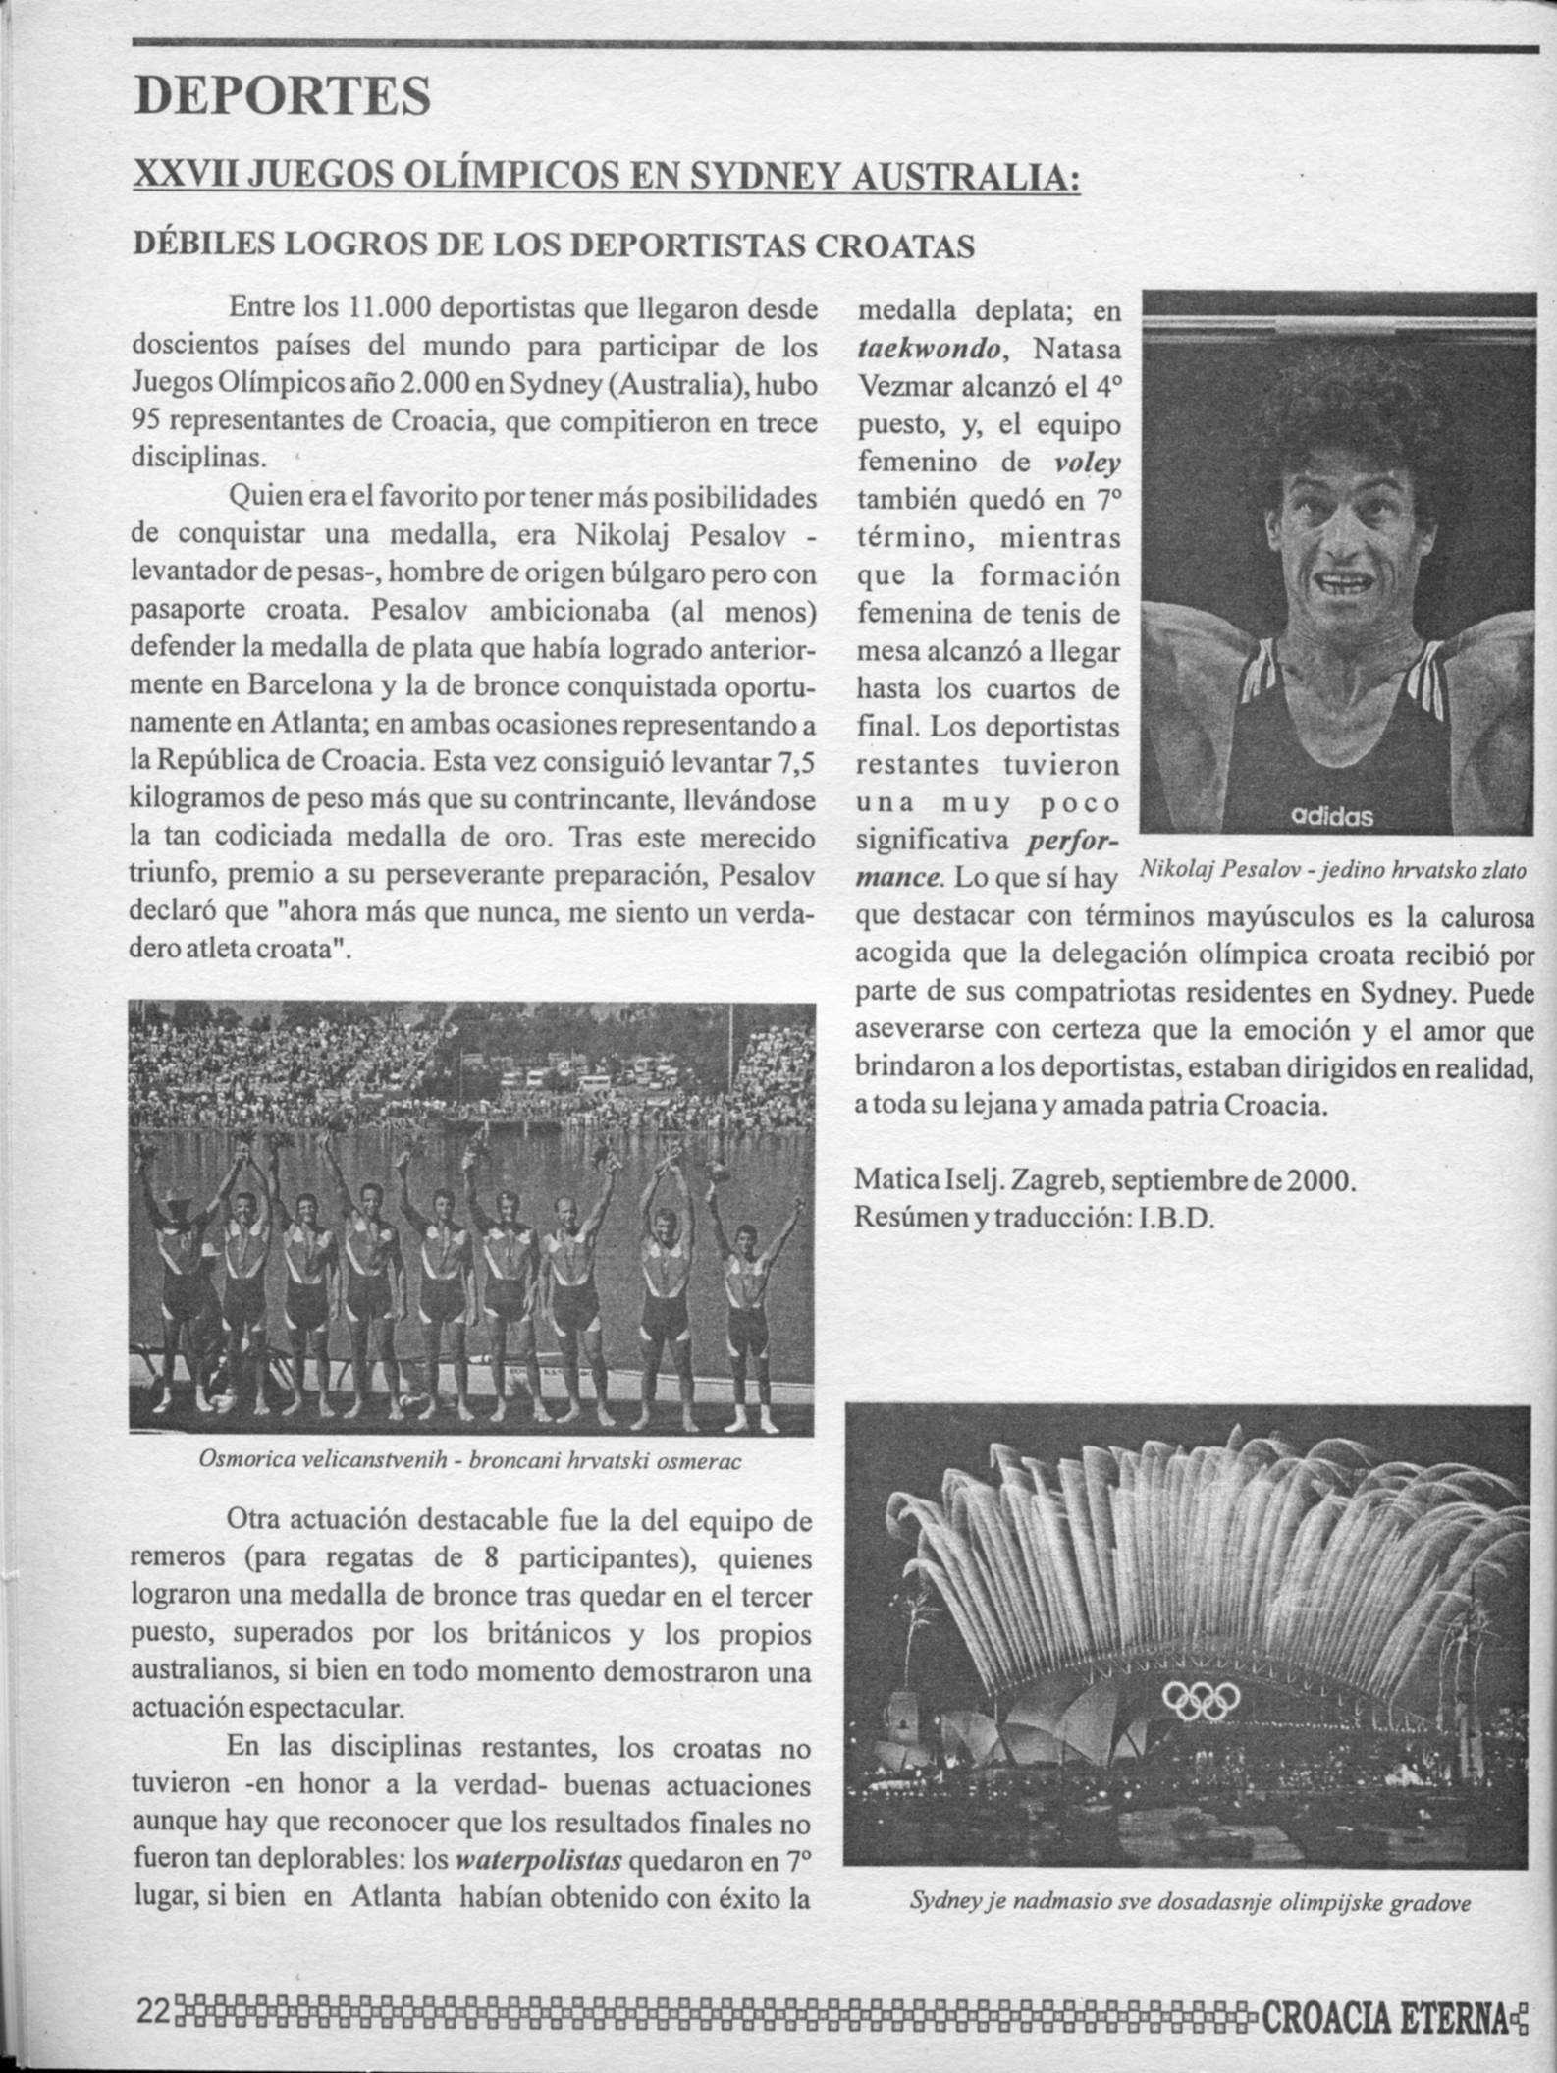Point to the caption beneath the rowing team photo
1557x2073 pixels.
point(470,1460)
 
